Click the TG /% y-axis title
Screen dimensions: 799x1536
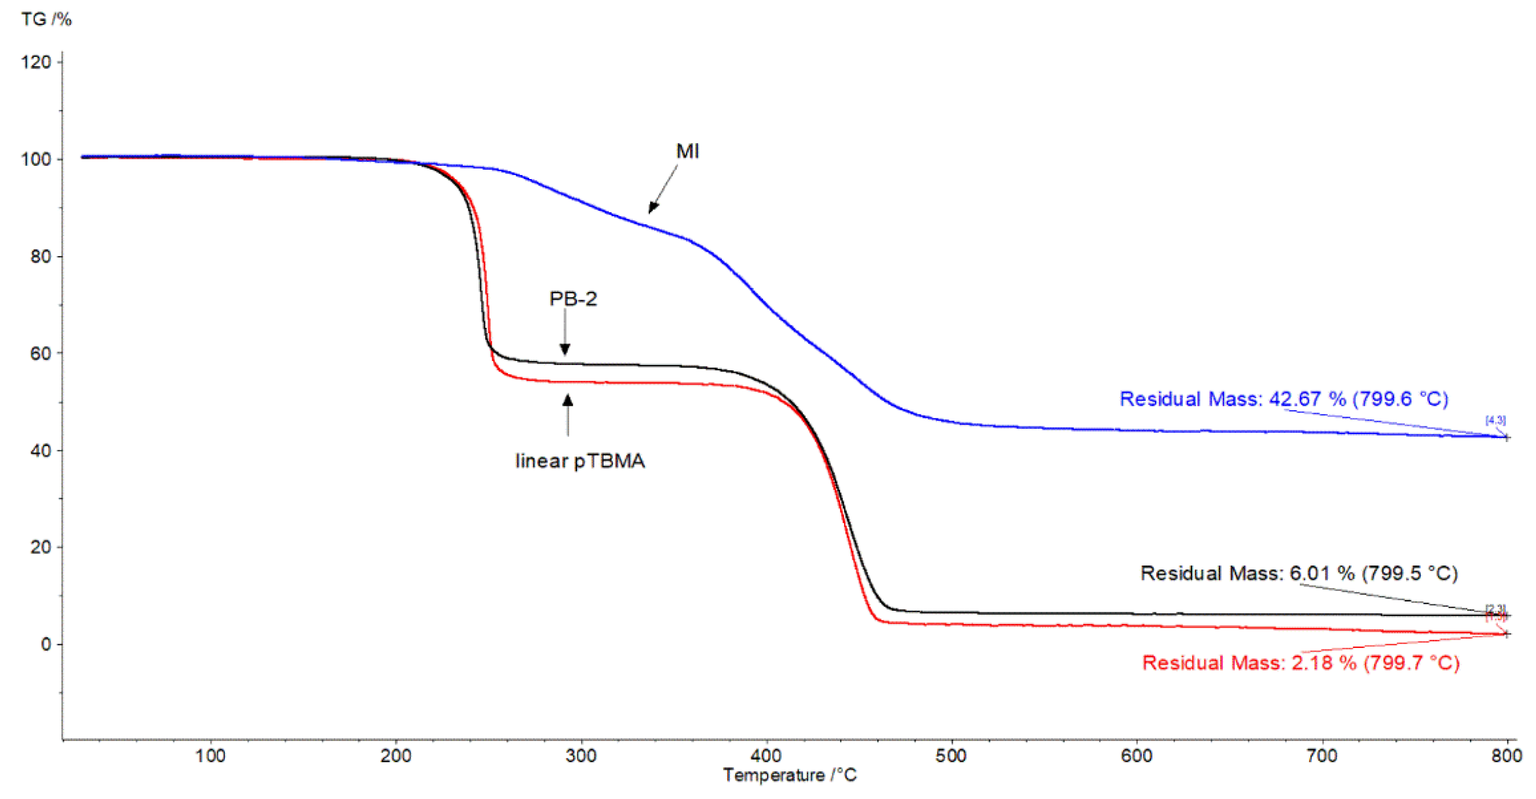point(46,19)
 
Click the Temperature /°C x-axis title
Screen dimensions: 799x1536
point(790,775)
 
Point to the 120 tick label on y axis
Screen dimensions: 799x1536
point(37,62)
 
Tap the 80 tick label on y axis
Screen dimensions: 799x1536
point(41,256)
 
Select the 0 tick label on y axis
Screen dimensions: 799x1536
point(46,644)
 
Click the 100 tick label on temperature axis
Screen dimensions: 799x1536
point(210,756)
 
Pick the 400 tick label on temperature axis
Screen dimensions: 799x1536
point(765,756)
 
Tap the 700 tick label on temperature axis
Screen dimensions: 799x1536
point(1321,756)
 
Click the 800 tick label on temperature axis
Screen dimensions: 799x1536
point(1506,756)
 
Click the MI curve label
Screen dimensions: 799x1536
point(687,151)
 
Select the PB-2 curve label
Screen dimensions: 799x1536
point(572,298)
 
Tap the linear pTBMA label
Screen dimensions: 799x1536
point(580,461)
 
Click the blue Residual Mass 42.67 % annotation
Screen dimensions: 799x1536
point(1283,399)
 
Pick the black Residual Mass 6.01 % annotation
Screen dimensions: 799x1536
point(1299,573)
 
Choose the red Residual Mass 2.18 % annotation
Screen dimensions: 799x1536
point(1300,663)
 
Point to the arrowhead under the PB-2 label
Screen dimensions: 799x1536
point(565,349)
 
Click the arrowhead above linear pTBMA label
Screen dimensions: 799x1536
point(568,400)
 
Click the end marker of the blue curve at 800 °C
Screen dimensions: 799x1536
point(1506,438)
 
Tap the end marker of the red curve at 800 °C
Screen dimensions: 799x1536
point(1506,634)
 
